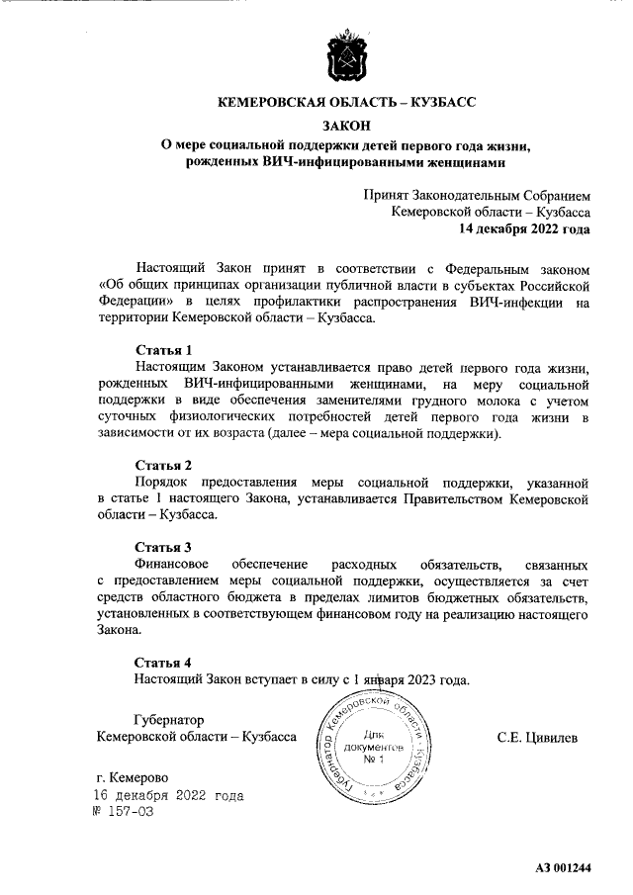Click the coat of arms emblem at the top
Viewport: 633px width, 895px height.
(x=346, y=57)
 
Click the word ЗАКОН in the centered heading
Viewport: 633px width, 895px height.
(x=346, y=125)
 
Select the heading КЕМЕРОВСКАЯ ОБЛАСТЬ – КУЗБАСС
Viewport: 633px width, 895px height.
(x=346, y=102)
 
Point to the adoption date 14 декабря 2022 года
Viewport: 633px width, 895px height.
(x=523, y=228)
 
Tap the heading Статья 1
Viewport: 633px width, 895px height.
(x=163, y=349)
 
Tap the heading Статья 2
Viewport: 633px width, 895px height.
(x=163, y=465)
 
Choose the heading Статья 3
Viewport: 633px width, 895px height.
(x=163, y=546)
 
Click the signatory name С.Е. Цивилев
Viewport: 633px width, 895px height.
(x=538, y=738)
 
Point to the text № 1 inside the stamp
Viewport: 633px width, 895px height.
(x=373, y=760)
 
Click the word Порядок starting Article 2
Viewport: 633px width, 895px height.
(x=160, y=483)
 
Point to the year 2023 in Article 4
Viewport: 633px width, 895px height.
(x=417, y=679)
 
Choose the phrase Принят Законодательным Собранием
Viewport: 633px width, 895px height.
(x=478, y=195)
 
